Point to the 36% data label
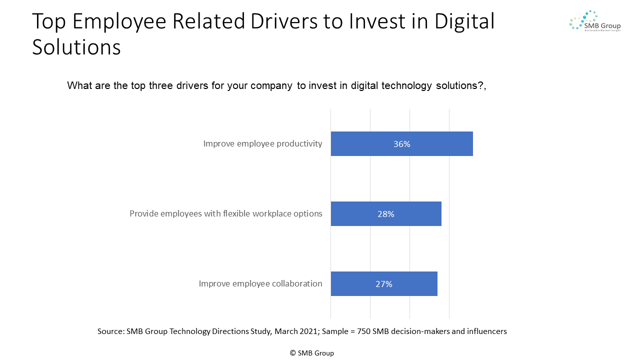(x=401, y=144)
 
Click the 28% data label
(x=385, y=214)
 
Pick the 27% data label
(x=383, y=284)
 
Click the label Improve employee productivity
(x=262, y=144)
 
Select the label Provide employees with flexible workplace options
(x=226, y=214)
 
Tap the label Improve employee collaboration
(x=260, y=284)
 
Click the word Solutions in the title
(x=76, y=47)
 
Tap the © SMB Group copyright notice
(x=311, y=353)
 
